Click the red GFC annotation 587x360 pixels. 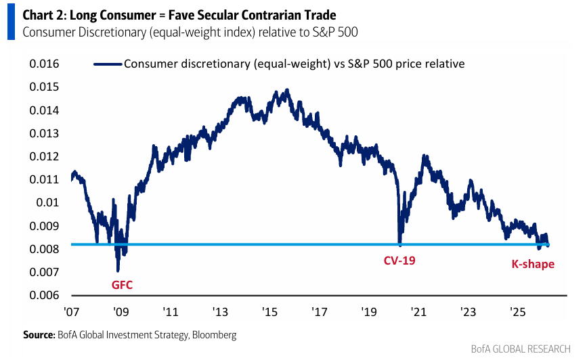[x=122, y=285]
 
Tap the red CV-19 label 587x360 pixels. [x=399, y=259]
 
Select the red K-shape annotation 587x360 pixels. [x=532, y=264]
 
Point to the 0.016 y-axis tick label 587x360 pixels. [x=44, y=64]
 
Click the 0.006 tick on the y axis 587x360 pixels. [x=44, y=296]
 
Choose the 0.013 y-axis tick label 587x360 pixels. [x=44, y=133]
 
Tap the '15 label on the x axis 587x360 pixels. [x=269, y=313]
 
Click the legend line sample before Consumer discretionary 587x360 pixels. [x=107, y=64]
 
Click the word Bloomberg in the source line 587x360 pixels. [x=215, y=334]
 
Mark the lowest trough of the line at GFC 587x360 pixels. [x=118, y=271]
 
